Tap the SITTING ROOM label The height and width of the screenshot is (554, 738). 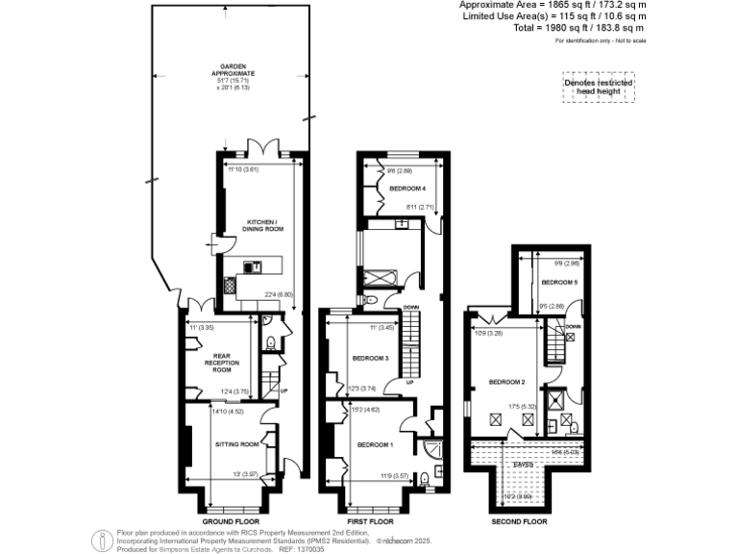pyautogui.click(x=237, y=444)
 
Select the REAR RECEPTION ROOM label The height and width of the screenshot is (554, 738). pyautogui.click(x=222, y=362)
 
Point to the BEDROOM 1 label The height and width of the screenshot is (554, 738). pyautogui.click(x=376, y=445)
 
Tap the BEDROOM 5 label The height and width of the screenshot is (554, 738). pyautogui.click(x=558, y=283)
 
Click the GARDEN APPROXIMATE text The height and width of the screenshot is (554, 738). pyautogui.click(x=234, y=71)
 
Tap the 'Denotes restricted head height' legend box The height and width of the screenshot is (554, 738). pyautogui.click(x=599, y=88)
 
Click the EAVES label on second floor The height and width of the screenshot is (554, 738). pyautogui.click(x=524, y=464)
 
